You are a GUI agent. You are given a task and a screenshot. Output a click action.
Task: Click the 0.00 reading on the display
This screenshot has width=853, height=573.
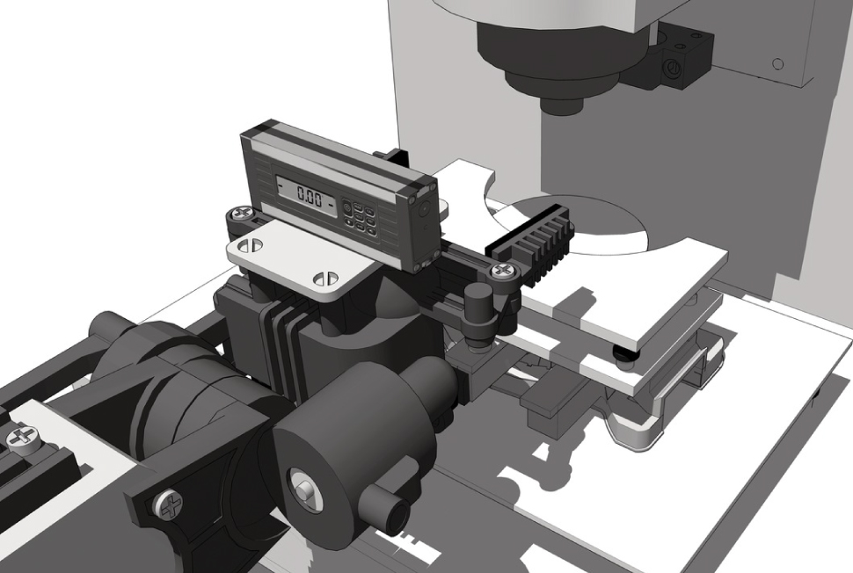[309, 195]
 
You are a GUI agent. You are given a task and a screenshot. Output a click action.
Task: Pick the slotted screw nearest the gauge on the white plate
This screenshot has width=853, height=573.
[251, 246]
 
